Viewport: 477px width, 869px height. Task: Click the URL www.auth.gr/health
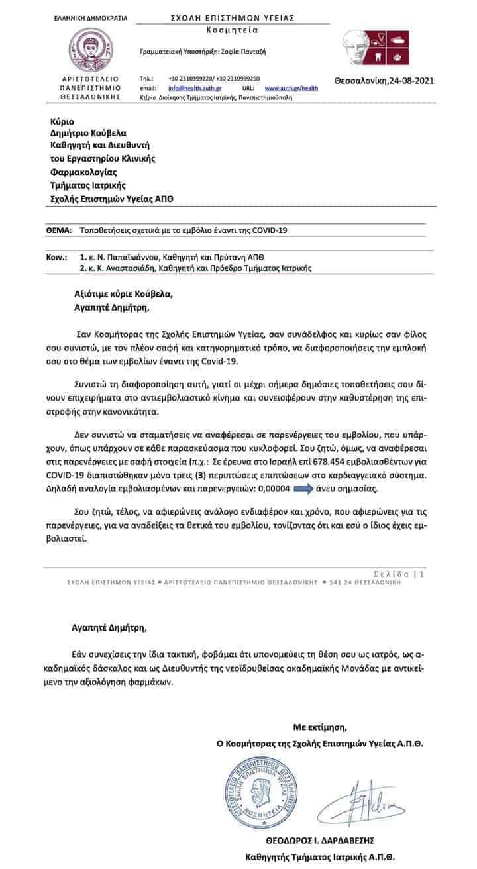pyautogui.click(x=291, y=88)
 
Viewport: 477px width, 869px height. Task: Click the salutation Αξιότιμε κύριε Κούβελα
pyautogui.click(x=125, y=295)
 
